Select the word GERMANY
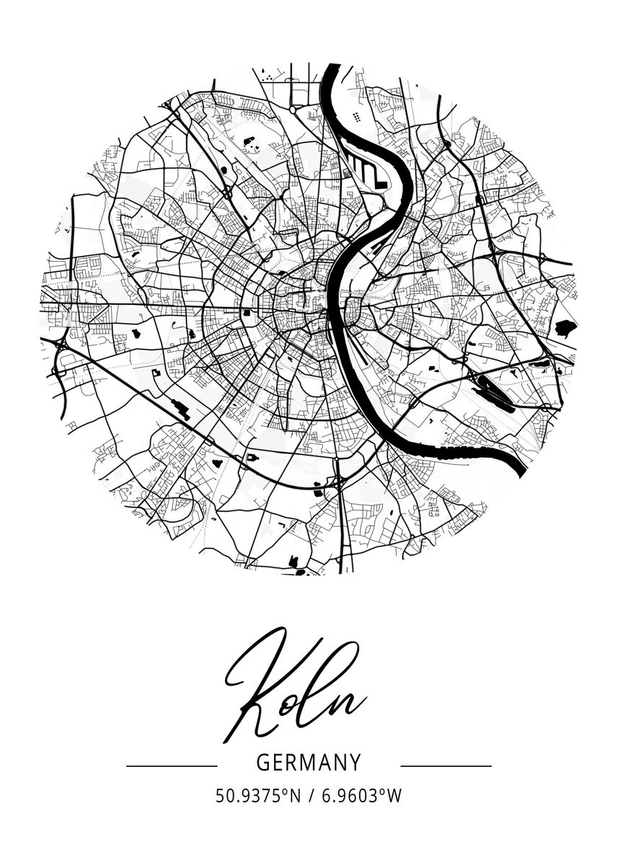point(309,763)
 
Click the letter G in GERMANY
point(262,763)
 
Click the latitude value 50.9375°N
point(257,797)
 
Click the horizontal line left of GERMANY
point(172,766)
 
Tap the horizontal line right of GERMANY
point(446,766)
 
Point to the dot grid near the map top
point(358,117)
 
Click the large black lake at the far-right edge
point(566,328)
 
